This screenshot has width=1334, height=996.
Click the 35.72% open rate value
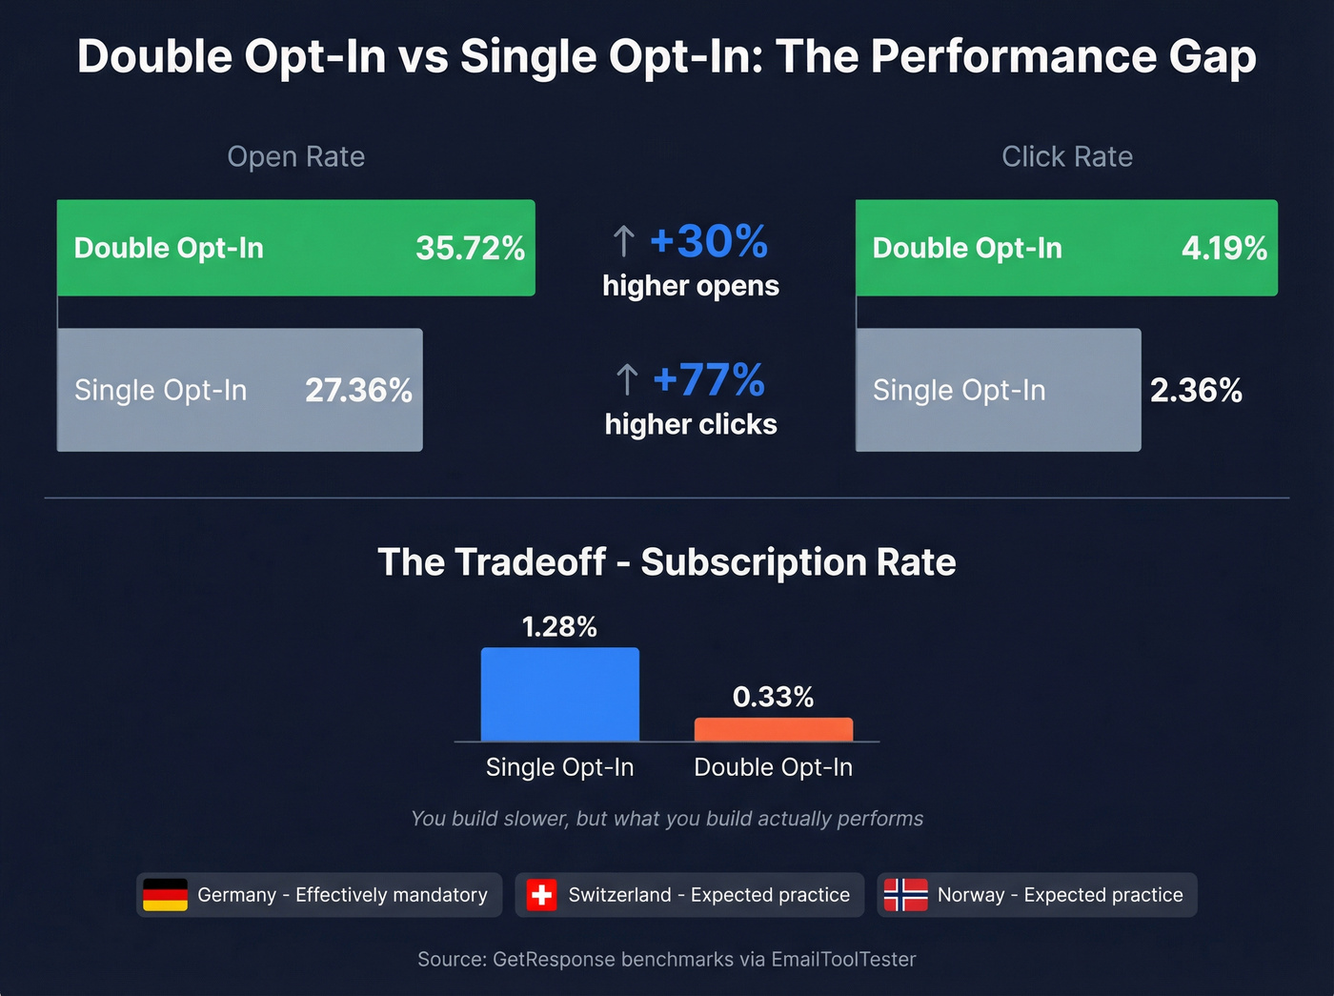[x=470, y=249]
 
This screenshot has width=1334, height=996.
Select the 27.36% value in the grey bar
[x=358, y=390]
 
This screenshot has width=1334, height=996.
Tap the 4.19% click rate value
[x=1223, y=249]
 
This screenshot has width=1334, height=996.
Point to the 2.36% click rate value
[x=1196, y=390]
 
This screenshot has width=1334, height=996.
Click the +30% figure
[x=708, y=241]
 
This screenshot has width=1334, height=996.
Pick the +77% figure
[x=708, y=379]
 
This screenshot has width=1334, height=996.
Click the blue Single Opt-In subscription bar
[x=559, y=694]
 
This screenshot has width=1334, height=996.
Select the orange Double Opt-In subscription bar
[x=773, y=729]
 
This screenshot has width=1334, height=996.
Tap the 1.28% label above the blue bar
[x=559, y=626]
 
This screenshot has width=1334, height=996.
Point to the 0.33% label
[x=773, y=697]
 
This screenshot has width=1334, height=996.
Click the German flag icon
[x=165, y=895]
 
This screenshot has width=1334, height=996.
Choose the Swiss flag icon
[x=541, y=895]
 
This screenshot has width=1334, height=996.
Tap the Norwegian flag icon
[x=905, y=895]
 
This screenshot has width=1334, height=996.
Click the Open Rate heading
[x=295, y=156]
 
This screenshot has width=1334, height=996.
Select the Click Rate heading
[x=1066, y=156]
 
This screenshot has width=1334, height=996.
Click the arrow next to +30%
[x=623, y=241]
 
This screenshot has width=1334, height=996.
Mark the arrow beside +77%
[x=626, y=379]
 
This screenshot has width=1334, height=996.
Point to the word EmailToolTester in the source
[x=843, y=959]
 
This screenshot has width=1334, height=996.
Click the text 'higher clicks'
[x=690, y=424]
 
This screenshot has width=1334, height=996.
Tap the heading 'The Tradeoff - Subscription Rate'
[x=666, y=562]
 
